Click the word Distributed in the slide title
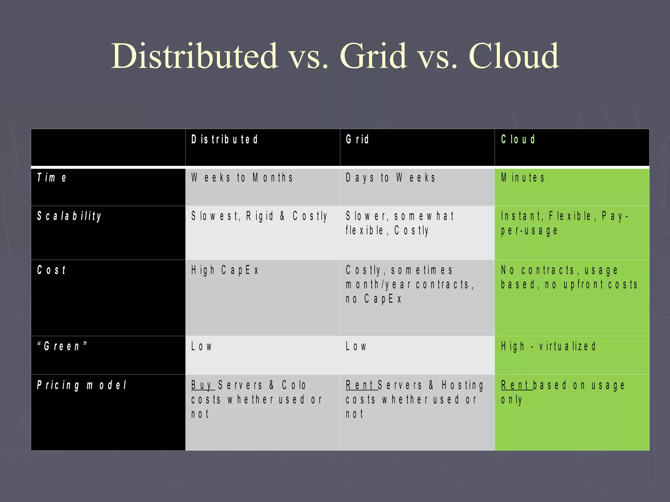tap(194, 56)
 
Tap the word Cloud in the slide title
tap(514, 56)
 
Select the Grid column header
tap(357, 140)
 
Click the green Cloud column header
tap(518, 140)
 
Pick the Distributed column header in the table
tap(225, 140)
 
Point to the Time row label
tap(52, 178)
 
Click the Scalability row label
tap(69, 216)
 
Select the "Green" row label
tap(62, 346)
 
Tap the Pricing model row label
tap(81, 385)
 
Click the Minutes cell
tap(523, 178)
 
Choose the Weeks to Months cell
tap(242, 178)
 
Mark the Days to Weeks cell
tap(391, 178)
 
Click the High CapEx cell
tap(225, 270)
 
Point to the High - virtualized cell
tap(548, 346)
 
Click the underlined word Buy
tap(202, 385)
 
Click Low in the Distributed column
tap(202, 346)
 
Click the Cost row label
tap(51, 270)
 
